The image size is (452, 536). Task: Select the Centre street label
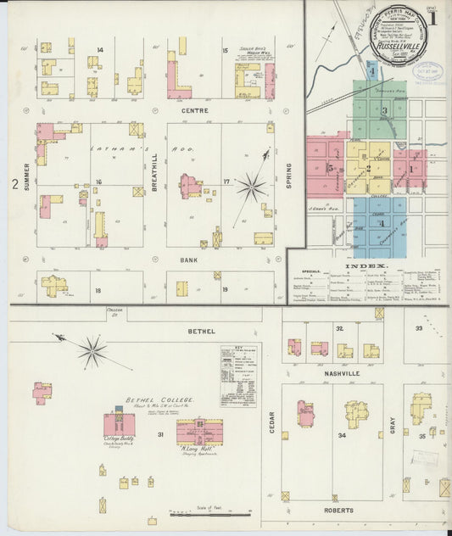(x=193, y=110)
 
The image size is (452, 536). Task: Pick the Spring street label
(x=288, y=176)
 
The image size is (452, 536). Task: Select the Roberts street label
(x=338, y=511)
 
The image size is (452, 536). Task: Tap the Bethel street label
(x=201, y=331)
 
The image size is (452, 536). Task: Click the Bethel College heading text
(x=160, y=399)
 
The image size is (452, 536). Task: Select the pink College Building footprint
(x=119, y=424)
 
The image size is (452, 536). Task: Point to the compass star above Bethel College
(x=92, y=351)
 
